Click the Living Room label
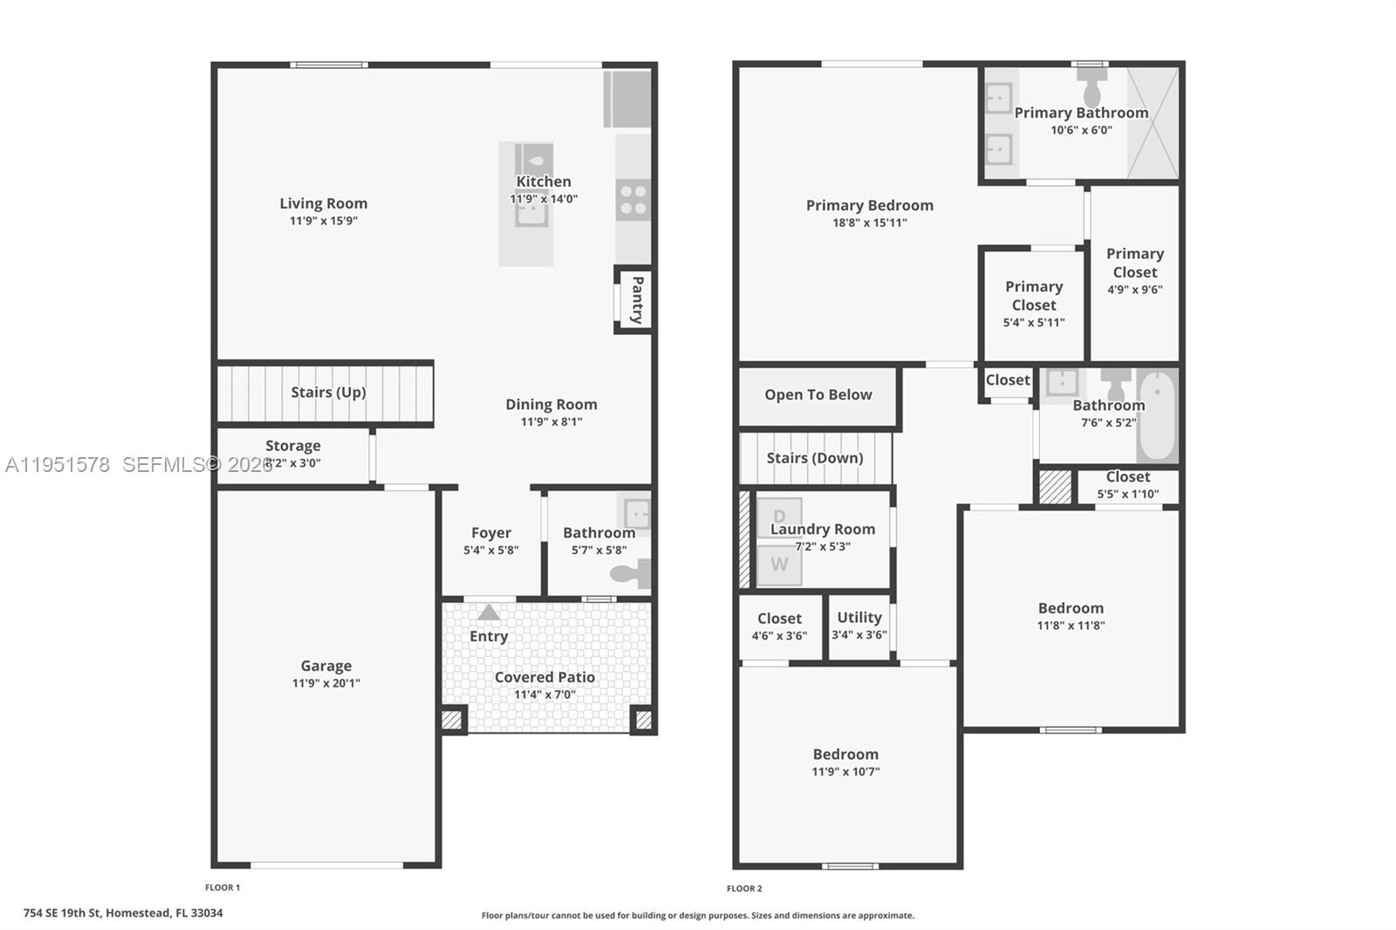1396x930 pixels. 323,203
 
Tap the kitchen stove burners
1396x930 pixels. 633,200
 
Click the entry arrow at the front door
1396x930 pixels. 489,612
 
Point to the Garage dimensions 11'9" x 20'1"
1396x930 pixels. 325,683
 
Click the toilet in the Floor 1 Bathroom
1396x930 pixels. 631,573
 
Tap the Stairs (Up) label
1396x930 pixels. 328,392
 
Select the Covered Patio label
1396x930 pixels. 544,677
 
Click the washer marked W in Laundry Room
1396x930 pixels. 779,564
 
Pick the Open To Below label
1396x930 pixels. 818,394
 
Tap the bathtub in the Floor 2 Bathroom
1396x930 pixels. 1157,416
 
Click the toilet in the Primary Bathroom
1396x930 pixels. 1091,87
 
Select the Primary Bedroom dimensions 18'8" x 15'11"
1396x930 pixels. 869,222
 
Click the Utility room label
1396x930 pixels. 859,617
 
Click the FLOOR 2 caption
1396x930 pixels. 744,888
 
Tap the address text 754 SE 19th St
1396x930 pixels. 123,913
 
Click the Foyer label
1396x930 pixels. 491,532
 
